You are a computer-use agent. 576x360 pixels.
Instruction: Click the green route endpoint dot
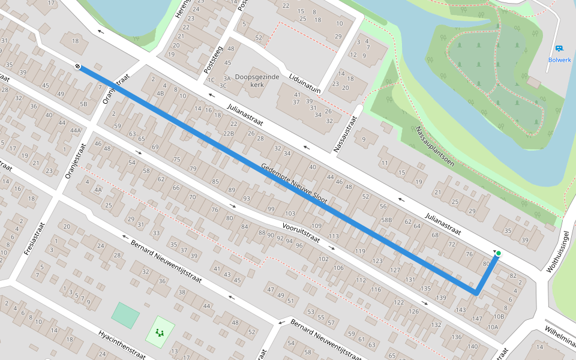498,254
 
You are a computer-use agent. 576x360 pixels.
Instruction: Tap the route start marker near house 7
79,66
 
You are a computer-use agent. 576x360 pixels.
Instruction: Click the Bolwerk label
559,59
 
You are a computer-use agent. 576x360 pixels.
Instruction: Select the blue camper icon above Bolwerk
559,48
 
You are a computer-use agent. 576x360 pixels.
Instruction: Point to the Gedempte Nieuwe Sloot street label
294,183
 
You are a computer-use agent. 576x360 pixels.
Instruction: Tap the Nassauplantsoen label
435,146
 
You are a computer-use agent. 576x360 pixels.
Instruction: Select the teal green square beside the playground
125,316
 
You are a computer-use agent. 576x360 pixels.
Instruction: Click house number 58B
386,220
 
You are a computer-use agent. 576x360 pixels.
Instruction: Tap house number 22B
229,133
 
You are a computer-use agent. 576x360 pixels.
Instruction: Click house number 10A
493,326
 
